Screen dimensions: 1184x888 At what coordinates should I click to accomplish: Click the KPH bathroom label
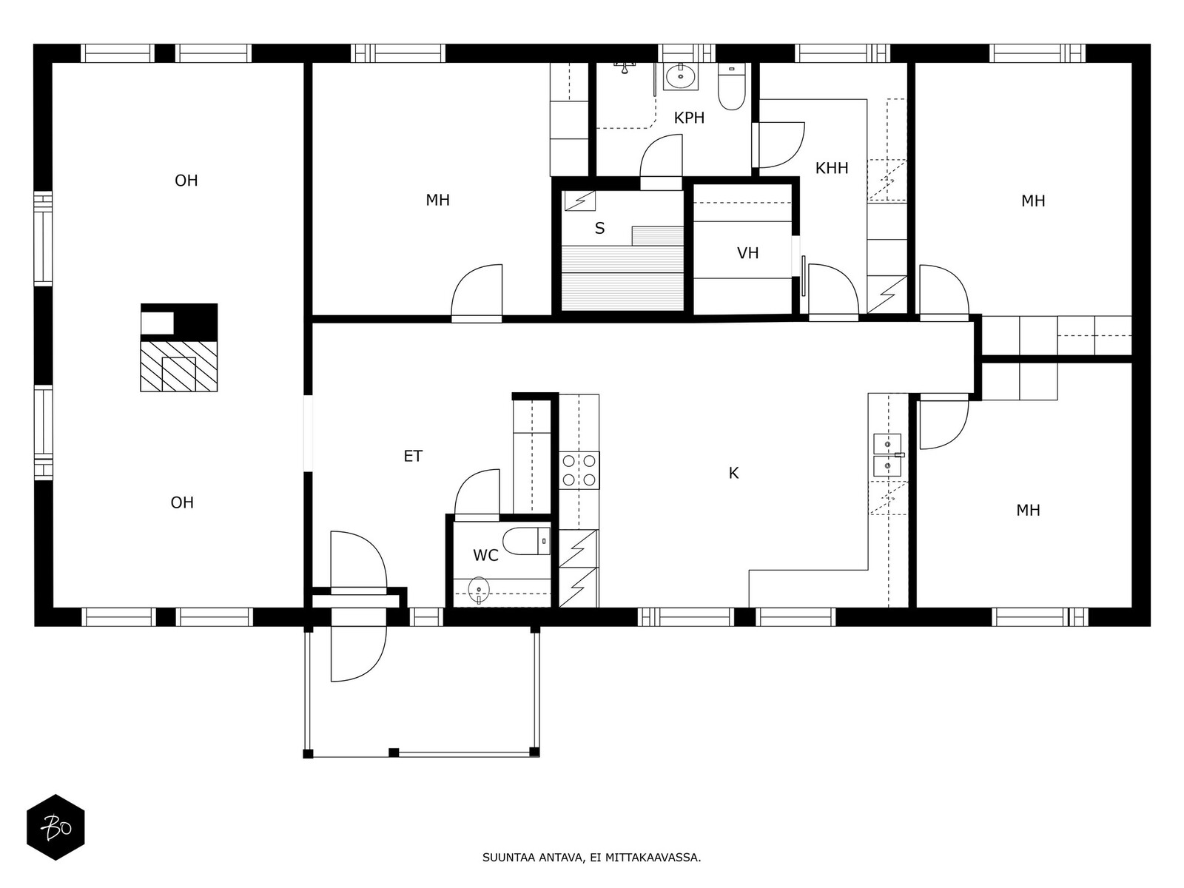click(x=689, y=118)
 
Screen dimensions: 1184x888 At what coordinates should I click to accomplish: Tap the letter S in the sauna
click(x=599, y=229)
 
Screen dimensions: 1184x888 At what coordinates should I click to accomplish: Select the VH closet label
click(x=747, y=253)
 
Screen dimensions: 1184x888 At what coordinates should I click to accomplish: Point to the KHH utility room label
click(x=831, y=168)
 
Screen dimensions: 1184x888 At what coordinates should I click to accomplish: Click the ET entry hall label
click(x=413, y=456)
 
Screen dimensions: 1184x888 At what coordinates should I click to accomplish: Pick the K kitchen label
click(x=733, y=473)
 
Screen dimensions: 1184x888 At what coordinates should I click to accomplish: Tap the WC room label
click(x=485, y=555)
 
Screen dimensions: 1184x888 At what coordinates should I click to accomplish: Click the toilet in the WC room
click(x=526, y=542)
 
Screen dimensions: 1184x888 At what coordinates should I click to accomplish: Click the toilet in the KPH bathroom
click(x=731, y=87)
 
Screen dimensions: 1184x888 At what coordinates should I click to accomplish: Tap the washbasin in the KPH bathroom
click(x=680, y=76)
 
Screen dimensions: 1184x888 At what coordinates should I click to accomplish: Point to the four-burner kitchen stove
click(x=579, y=470)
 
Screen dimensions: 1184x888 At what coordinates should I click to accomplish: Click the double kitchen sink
click(x=887, y=455)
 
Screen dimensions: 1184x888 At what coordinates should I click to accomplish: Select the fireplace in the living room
click(x=179, y=347)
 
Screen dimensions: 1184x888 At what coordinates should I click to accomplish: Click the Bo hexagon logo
click(x=55, y=827)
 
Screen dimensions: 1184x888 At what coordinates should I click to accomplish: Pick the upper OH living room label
click(x=186, y=181)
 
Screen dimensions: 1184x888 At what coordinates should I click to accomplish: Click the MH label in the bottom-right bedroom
click(x=1028, y=510)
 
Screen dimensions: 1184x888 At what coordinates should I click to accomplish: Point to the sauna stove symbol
click(x=580, y=201)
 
